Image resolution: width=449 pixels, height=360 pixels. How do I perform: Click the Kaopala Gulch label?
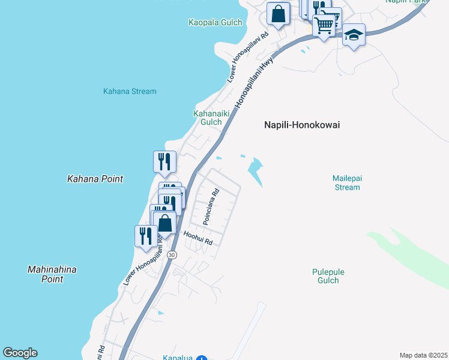215,23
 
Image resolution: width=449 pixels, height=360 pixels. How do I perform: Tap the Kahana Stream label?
130,92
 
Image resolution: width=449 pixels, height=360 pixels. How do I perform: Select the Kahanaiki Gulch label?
207,117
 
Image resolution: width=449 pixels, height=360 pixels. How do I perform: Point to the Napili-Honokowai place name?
302,125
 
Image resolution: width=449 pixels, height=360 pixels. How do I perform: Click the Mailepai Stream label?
347,182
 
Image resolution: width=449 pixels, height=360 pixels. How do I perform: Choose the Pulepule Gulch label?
328,276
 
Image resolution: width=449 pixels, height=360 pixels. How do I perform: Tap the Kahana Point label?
95,179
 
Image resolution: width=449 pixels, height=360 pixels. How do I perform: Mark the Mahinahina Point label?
52,274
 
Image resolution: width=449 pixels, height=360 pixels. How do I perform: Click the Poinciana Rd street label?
211,208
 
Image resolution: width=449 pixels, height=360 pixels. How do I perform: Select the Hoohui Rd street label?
198,238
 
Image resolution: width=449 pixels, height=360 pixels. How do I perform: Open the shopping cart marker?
324,25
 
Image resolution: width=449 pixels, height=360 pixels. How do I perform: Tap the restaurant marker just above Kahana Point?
164,161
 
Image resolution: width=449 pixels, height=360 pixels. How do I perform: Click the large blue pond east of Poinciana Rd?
257,170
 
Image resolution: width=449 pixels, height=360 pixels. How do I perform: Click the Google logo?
20,353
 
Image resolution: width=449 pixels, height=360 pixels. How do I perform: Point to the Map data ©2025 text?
423,355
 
